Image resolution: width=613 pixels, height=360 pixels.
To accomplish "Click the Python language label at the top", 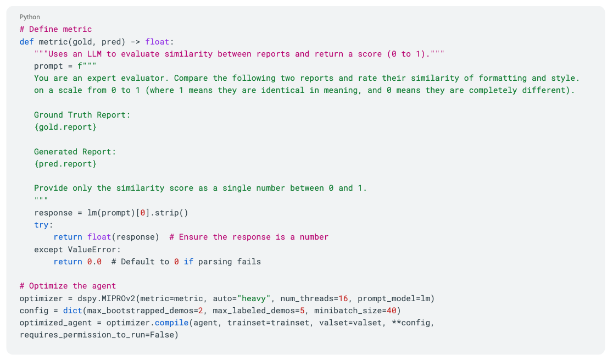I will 29,17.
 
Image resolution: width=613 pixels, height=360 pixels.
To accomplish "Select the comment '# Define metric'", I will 55,29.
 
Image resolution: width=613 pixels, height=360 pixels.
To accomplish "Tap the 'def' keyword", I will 26,42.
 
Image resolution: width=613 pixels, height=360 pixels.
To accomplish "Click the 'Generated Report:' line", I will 75,152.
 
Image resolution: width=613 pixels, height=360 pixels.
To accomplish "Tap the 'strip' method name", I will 167,213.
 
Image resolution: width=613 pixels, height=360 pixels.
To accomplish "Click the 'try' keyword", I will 41,225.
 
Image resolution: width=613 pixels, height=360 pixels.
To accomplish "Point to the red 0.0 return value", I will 94,262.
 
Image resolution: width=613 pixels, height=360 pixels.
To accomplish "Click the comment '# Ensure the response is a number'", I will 249,237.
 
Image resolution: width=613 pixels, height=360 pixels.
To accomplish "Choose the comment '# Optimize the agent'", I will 68,286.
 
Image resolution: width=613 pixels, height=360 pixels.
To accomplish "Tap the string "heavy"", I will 254,298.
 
